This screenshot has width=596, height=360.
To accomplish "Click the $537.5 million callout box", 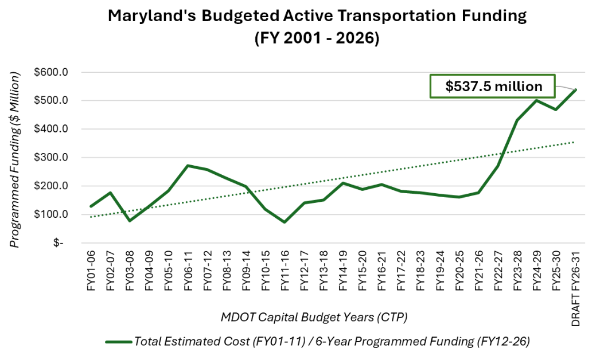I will coord(493,87).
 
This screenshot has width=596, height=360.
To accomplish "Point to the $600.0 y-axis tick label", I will coord(52,73).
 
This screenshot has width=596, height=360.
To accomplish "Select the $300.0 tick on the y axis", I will coord(52,158).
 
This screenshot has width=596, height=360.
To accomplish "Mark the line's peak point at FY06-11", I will coord(188,166).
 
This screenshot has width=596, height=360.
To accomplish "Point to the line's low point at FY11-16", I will coord(285,222).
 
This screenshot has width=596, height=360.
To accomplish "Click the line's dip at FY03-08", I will coord(130,221).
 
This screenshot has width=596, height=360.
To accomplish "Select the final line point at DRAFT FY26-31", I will coord(575,90).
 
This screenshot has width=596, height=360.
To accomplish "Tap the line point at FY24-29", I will coord(536,101).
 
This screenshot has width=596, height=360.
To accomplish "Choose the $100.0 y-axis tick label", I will coord(52,214).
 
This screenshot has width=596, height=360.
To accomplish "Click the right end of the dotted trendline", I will coord(575,142).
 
